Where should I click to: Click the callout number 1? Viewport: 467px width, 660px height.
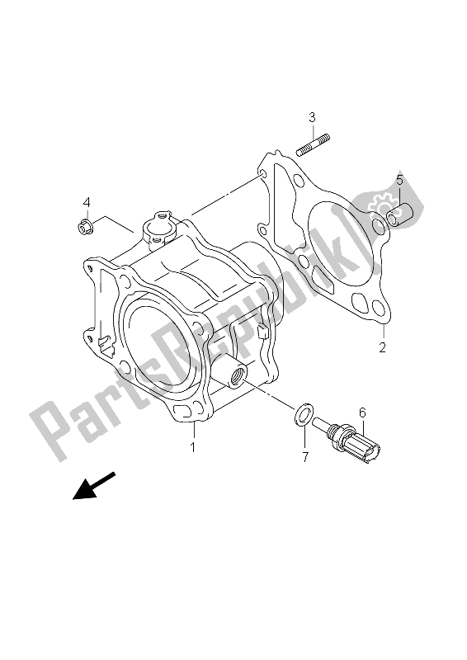pos(193,448)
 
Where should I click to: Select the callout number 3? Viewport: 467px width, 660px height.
pos(313,118)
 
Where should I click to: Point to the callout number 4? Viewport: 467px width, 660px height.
pos(85,203)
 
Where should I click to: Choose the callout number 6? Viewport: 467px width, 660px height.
pos(361,412)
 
